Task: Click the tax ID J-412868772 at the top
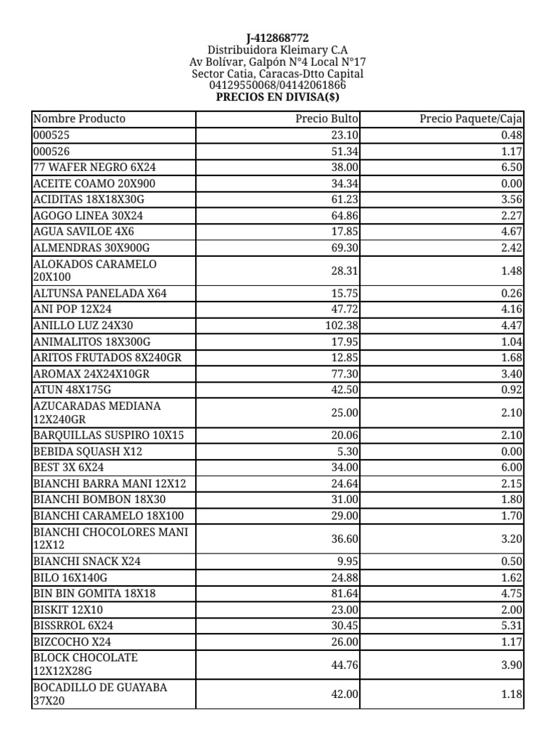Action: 277,38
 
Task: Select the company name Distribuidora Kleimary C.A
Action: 277,50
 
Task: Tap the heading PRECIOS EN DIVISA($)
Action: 277,97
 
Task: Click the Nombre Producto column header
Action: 79,118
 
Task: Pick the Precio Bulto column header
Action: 327,118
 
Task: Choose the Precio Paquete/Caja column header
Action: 471,118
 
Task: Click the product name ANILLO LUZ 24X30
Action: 83,325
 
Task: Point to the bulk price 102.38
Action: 342,325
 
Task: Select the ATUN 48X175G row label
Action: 73,389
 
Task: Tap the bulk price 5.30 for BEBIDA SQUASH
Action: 347,451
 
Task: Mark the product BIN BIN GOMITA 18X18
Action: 95,594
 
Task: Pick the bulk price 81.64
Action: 345,594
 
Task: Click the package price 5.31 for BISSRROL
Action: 511,626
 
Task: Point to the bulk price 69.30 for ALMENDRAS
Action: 345,247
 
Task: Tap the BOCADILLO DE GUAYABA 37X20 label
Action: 100,694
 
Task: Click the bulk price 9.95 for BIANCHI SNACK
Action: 347,562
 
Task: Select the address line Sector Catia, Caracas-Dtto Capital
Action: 277,74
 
